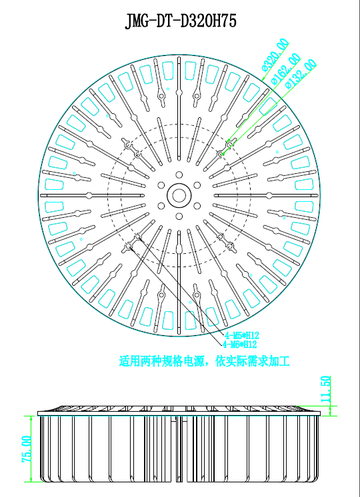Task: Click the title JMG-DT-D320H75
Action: tap(181, 22)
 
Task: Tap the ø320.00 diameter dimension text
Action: tap(275, 55)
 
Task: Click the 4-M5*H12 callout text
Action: tap(242, 335)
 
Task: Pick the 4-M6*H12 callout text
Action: tap(240, 344)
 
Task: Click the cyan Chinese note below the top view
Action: tap(204, 361)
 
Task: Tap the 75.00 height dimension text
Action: tap(27, 449)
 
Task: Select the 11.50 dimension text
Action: tap(325, 389)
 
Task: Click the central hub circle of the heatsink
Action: tap(179, 195)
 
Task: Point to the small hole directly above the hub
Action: tap(179, 175)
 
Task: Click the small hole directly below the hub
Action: tap(179, 216)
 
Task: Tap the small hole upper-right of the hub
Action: tap(197, 185)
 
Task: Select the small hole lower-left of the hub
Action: tap(161, 206)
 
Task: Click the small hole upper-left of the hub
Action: tap(161, 185)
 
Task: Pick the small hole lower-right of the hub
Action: tap(197, 206)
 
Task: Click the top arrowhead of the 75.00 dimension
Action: tap(31, 416)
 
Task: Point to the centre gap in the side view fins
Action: tap(179, 449)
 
